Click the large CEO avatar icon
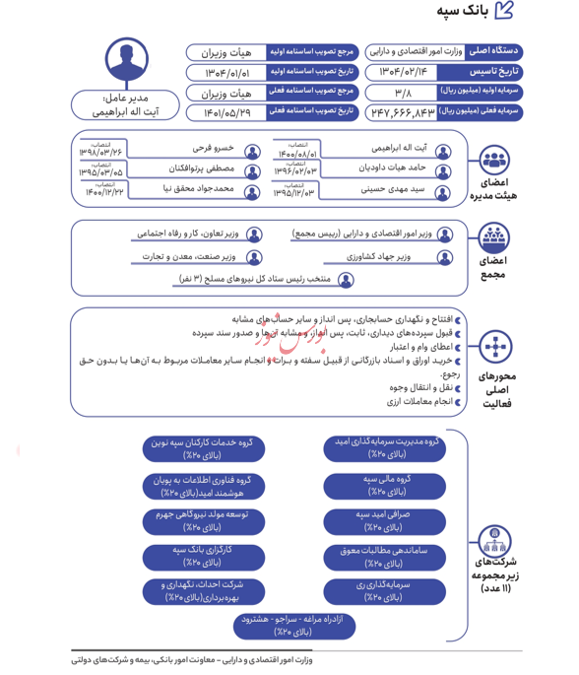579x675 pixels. [128, 62]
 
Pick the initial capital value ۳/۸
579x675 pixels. [402, 93]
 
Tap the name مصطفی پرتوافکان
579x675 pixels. [202, 169]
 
